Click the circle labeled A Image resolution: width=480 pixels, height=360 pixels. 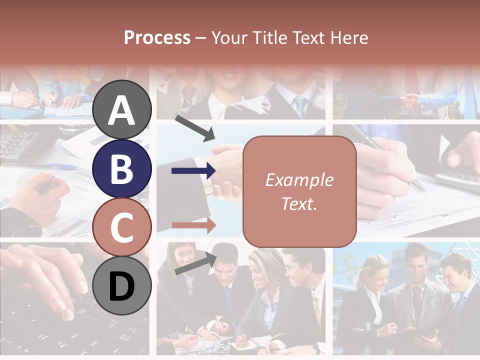[122, 109]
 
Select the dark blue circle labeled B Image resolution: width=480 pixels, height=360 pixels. [122, 168]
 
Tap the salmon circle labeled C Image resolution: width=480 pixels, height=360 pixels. [122, 227]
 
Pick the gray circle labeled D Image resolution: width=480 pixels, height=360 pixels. [122, 286]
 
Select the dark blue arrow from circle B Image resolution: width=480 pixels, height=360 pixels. [193, 171]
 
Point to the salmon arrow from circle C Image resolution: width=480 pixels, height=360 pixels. [193, 225]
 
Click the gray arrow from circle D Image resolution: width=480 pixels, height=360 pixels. [195, 263]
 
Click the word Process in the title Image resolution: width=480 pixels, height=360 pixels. [157, 37]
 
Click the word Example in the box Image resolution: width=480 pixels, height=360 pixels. [299, 180]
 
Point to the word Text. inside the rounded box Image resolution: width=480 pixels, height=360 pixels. [299, 203]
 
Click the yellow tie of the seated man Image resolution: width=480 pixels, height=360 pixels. [316, 310]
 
